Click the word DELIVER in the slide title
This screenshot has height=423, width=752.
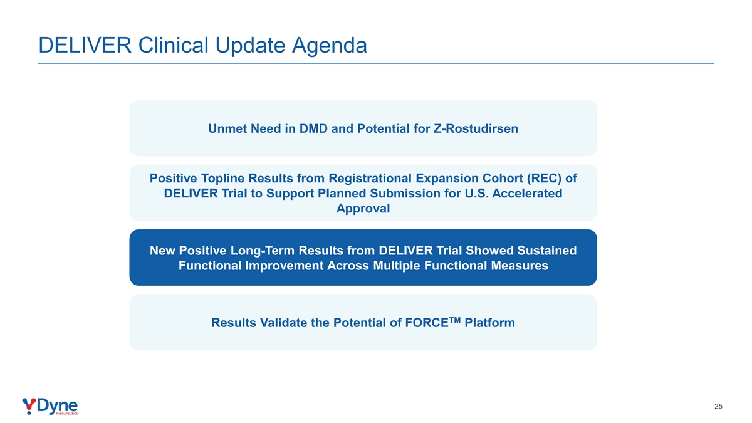coord(85,45)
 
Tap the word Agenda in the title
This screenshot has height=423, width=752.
coord(330,46)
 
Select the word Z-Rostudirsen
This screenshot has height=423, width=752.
coord(476,128)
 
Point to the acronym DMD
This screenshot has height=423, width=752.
coord(313,128)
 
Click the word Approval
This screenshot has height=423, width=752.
coord(363,209)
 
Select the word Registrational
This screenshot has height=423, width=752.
coord(370,178)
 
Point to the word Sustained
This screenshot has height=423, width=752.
coord(546,251)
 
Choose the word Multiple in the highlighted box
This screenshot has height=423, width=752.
coord(397,266)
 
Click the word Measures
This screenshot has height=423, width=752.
coord(520,266)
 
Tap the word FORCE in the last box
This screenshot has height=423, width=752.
coord(427,323)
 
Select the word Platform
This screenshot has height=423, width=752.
coord(489,323)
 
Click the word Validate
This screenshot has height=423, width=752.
coord(284,323)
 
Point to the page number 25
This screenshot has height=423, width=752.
coord(718,407)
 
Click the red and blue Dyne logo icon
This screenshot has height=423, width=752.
coord(29,406)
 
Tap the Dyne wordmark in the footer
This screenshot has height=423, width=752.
coord(58,407)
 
